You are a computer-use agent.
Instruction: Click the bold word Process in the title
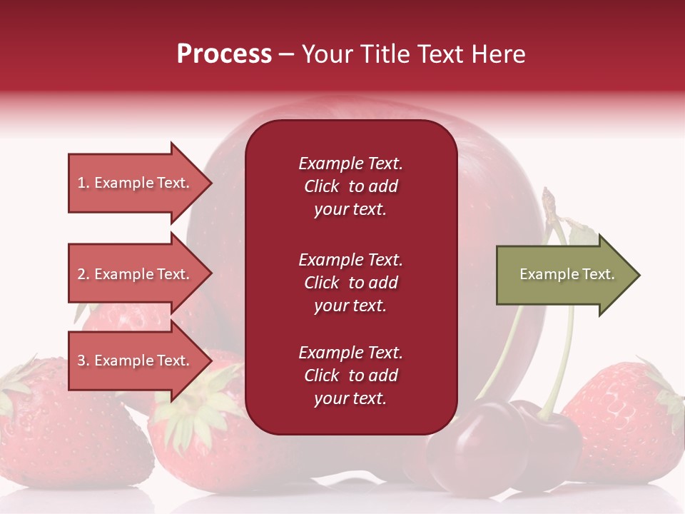pyautogui.click(x=224, y=54)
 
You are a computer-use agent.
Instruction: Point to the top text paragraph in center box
pyautogui.click(x=350, y=186)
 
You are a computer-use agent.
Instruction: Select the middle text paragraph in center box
pyautogui.click(x=350, y=283)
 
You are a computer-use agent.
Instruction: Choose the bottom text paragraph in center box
pyautogui.click(x=350, y=376)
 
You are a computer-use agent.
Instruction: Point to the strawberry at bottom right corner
pyautogui.click(x=621, y=421)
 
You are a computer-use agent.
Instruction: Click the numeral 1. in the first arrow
pyautogui.click(x=83, y=183)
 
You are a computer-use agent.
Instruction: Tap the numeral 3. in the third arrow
pyautogui.click(x=83, y=361)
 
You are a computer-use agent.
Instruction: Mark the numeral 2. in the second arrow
pyautogui.click(x=83, y=274)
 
